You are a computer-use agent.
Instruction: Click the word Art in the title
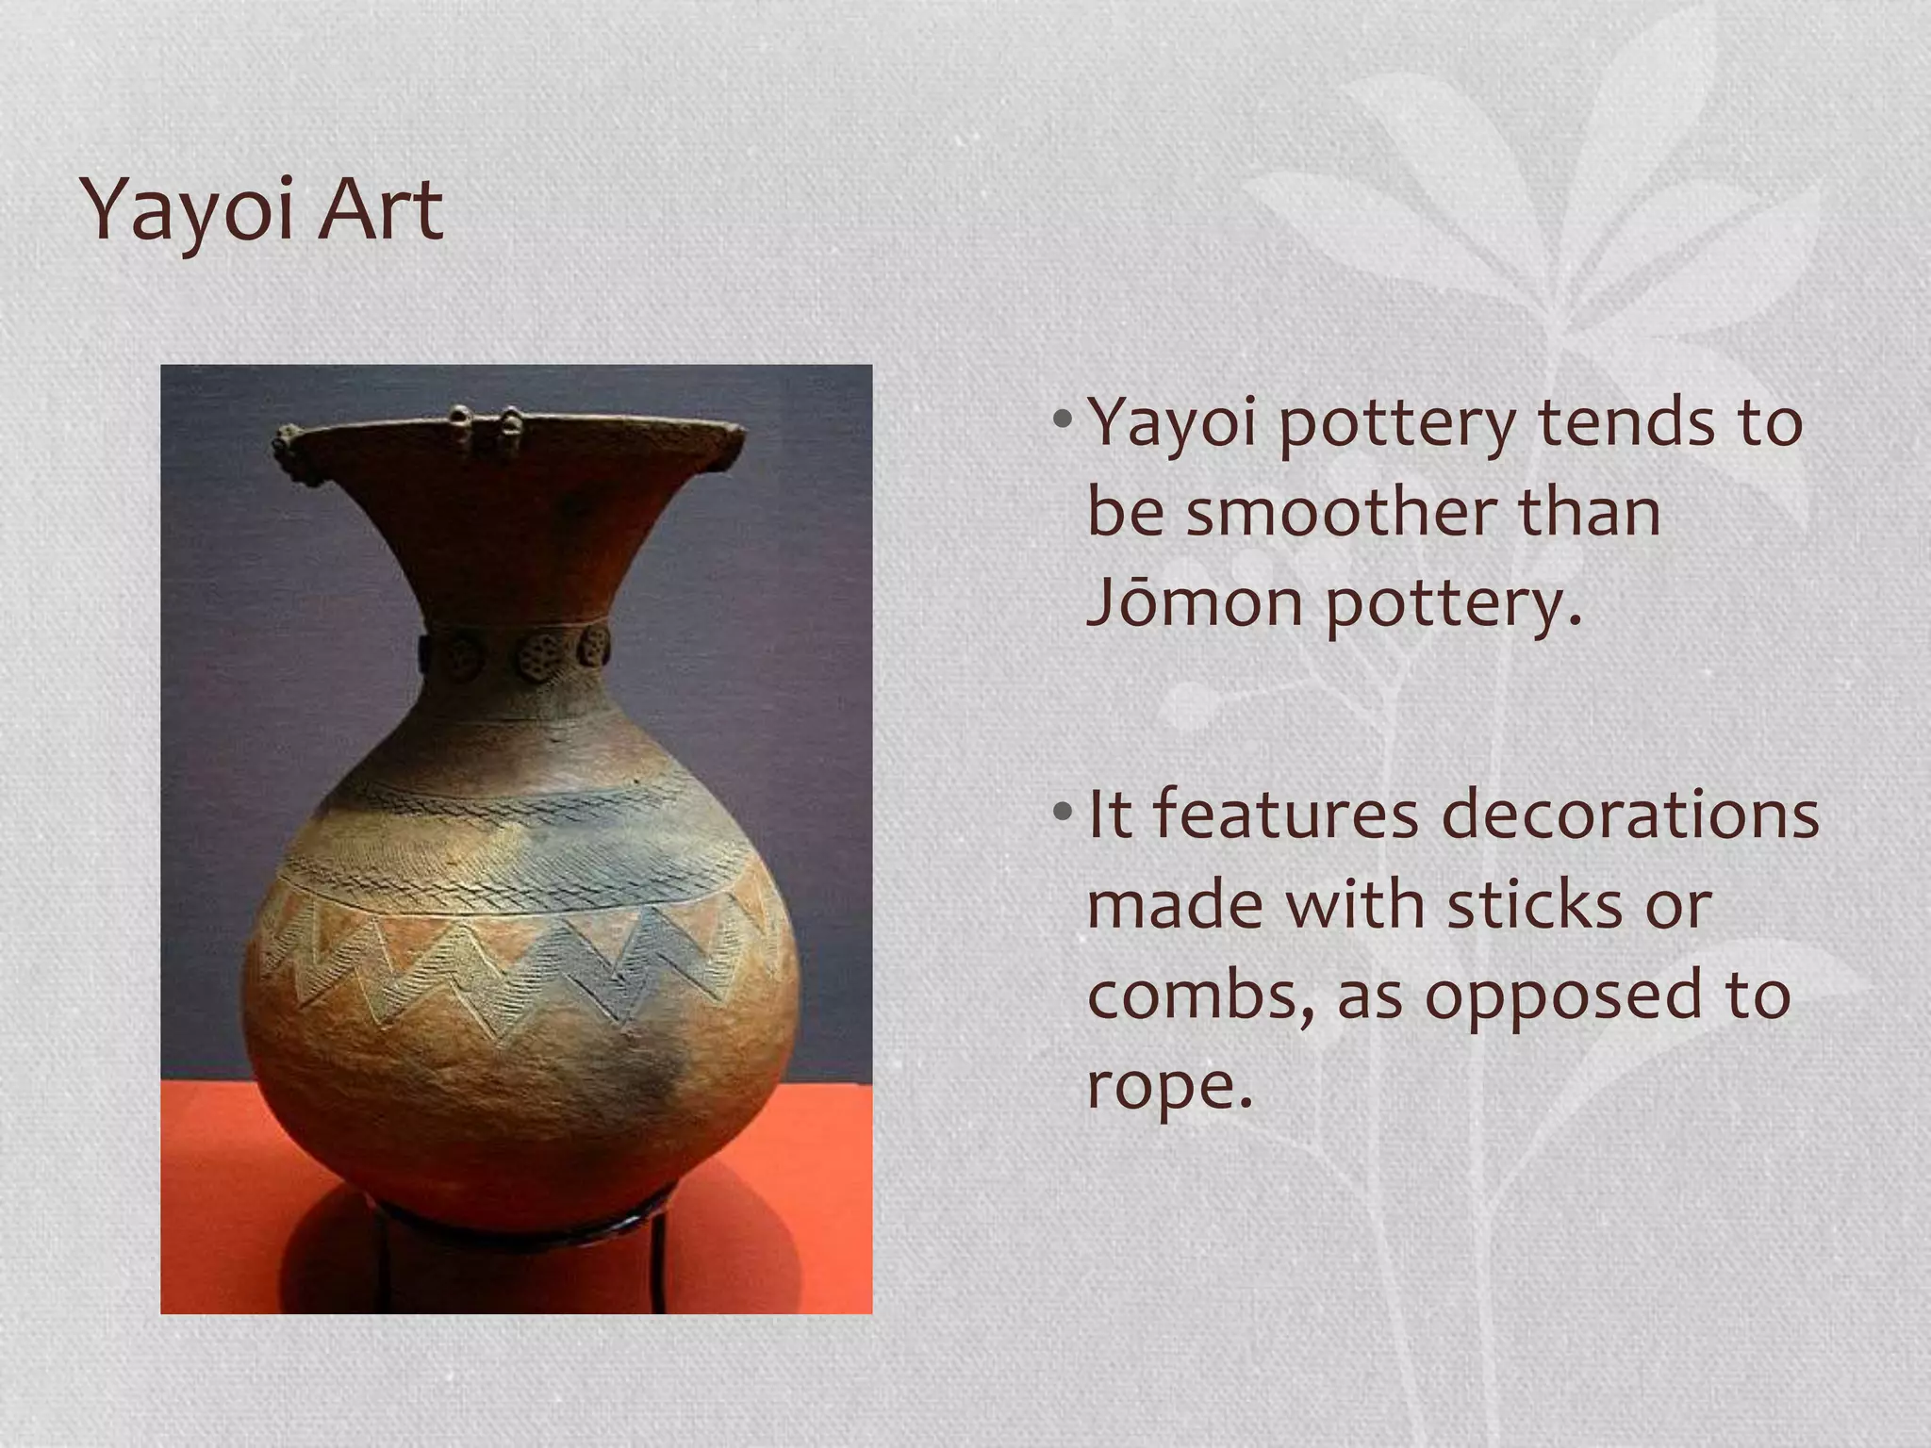[380, 209]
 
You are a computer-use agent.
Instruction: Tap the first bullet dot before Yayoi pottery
[1063, 418]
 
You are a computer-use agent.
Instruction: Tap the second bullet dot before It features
[1063, 811]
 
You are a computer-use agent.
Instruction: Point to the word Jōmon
[1196, 602]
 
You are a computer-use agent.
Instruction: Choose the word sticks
[1534, 905]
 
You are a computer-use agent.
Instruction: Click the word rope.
[1169, 1087]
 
